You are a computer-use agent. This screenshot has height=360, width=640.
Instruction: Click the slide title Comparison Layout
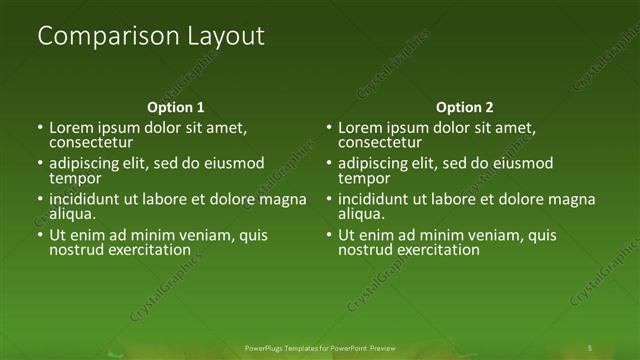click(151, 37)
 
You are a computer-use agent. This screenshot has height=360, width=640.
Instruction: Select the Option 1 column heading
click(176, 107)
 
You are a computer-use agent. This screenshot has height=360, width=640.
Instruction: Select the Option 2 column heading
click(465, 107)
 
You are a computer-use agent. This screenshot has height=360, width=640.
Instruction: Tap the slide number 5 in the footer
click(590, 347)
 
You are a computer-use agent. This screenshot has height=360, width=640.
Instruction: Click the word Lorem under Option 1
click(71, 128)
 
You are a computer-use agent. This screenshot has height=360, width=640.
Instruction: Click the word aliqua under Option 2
click(361, 214)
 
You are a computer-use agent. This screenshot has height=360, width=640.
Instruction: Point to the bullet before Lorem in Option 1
click(41, 129)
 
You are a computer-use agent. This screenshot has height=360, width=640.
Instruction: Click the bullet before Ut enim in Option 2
click(330, 236)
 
